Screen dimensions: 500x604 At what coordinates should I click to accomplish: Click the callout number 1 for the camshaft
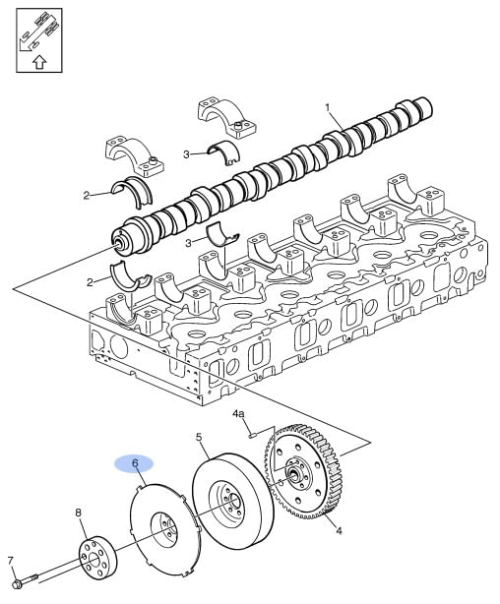click(x=328, y=108)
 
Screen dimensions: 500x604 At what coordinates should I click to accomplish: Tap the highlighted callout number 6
click(x=135, y=463)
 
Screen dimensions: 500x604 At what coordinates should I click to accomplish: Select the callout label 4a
click(x=238, y=414)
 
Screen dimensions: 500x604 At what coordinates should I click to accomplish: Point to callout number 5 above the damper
click(x=199, y=437)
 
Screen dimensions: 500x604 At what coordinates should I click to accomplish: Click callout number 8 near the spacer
click(x=79, y=513)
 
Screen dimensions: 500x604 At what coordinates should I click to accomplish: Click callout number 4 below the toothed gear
click(x=339, y=531)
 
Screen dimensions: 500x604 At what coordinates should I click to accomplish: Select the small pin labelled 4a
click(x=253, y=435)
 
